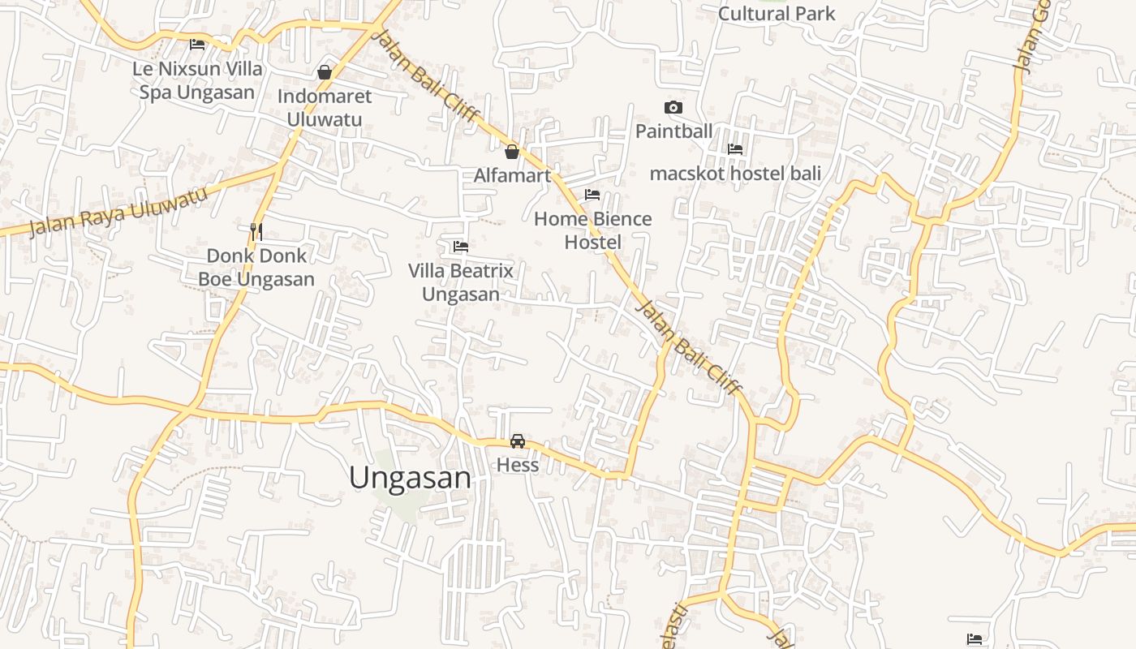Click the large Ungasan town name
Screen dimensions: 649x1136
[410, 478]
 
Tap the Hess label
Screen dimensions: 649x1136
[518, 465]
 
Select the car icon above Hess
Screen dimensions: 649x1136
[518, 441]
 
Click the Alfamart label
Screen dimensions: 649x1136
[512, 175]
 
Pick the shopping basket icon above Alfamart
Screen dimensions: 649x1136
[512, 152]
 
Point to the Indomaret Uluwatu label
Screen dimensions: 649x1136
[325, 107]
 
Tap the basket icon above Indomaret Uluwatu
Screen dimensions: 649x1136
[325, 72]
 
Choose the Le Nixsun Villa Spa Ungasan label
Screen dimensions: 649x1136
[197, 80]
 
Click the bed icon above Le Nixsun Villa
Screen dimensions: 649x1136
[197, 45]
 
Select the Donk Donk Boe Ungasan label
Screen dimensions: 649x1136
[256, 268]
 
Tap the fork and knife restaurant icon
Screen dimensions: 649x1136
[256, 232]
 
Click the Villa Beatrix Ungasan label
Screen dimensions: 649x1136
[461, 282]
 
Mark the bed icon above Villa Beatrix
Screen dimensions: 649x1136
[461, 247]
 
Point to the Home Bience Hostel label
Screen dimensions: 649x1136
[593, 230]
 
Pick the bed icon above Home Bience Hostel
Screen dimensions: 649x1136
[592, 195]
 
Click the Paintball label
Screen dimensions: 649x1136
[673, 131]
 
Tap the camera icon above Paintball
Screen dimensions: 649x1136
[673, 108]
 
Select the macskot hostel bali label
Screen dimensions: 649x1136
[735, 173]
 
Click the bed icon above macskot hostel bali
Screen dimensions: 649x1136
[735, 149]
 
